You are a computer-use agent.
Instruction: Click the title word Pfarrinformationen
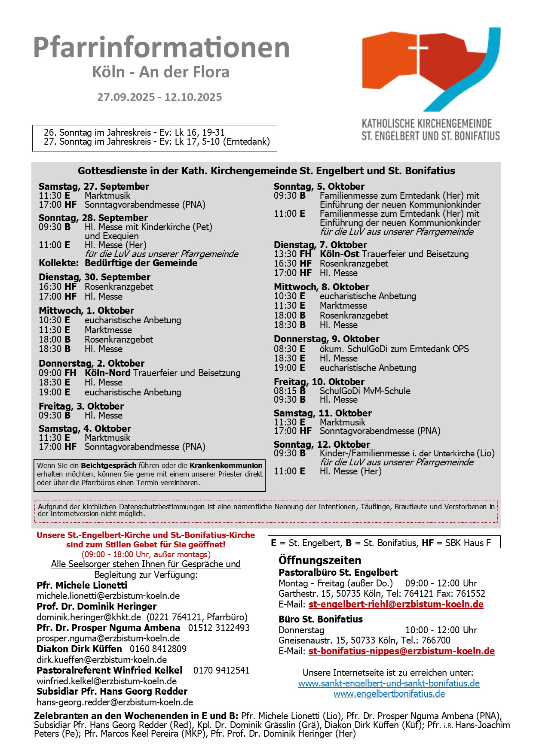pyautogui.click(x=161, y=47)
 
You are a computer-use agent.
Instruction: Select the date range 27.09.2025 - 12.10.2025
pyautogui.click(x=159, y=97)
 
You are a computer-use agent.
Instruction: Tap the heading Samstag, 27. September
pyautogui.click(x=94, y=186)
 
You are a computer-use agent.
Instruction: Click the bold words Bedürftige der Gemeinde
pyautogui.click(x=141, y=263)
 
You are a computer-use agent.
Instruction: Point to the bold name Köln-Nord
pyautogui.click(x=107, y=373)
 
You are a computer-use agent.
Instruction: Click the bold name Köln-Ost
pyautogui.click(x=339, y=254)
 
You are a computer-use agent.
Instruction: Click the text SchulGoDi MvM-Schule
pyautogui.click(x=365, y=391)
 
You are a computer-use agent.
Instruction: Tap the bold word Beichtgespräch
pyautogui.click(x=109, y=465)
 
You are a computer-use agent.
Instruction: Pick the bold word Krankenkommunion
pyautogui.click(x=226, y=465)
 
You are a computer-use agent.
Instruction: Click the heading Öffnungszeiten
pyautogui.click(x=320, y=560)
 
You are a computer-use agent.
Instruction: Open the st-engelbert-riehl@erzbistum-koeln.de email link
pyautogui.click(x=396, y=604)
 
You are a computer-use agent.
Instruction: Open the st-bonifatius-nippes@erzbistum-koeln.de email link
pyautogui.click(x=401, y=651)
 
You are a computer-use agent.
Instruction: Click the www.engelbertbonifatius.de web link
pyautogui.click(x=389, y=694)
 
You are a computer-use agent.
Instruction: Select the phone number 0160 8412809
pyautogui.click(x=158, y=649)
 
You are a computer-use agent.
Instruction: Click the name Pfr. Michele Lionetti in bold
pyautogui.click(x=82, y=585)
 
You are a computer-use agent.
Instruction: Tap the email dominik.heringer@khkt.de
pyautogui.click(x=89, y=617)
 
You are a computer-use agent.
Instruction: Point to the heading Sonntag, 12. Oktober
pyautogui.click(x=322, y=444)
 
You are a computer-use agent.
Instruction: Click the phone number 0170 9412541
pyautogui.click(x=221, y=670)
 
